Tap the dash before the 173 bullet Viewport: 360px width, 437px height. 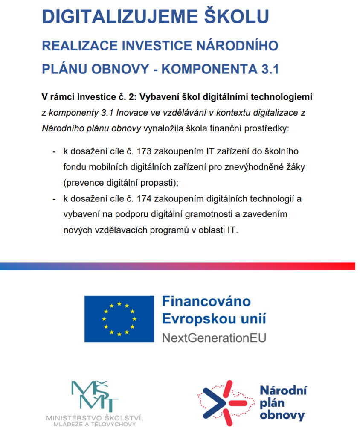point(54,151)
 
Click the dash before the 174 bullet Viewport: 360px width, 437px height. point(54,199)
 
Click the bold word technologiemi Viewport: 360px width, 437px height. point(283,97)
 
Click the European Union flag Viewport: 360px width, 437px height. point(119,318)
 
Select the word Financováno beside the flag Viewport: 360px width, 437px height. point(206,302)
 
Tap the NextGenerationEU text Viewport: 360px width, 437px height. point(214,338)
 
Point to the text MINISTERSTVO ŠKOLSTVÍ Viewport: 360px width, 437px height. point(94,417)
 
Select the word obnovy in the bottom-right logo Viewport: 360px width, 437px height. point(282,415)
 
